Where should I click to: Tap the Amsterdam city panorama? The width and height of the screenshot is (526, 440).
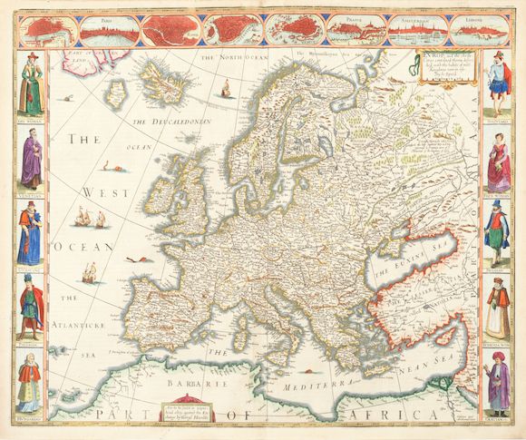point(414,31)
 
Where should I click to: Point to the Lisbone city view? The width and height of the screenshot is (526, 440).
point(473,31)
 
